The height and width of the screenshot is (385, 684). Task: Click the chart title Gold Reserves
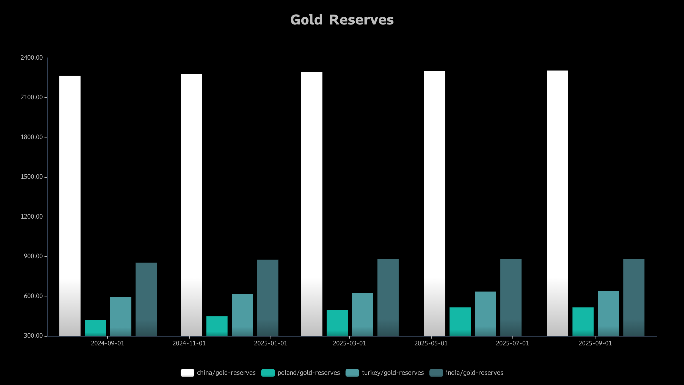(x=342, y=20)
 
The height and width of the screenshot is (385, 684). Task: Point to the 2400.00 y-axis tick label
(x=32, y=58)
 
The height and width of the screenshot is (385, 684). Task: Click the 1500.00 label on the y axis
(x=32, y=177)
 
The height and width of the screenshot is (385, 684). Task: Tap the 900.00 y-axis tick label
(x=33, y=256)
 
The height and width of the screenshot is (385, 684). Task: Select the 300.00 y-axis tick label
(x=33, y=336)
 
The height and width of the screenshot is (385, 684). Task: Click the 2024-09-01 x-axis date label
(x=107, y=343)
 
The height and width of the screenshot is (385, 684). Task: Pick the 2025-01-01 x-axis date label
(x=271, y=343)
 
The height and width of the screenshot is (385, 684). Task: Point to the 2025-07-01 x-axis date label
(x=512, y=343)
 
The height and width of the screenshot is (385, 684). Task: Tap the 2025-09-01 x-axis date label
(x=595, y=343)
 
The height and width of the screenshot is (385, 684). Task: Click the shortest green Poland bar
(x=95, y=328)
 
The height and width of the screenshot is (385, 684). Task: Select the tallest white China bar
(x=558, y=204)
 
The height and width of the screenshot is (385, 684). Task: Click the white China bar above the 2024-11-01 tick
(x=191, y=205)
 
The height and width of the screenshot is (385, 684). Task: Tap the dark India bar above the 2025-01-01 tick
(x=268, y=298)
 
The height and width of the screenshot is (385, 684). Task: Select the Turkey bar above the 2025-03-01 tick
(x=363, y=314)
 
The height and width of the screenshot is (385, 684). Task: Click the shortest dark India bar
(x=146, y=299)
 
